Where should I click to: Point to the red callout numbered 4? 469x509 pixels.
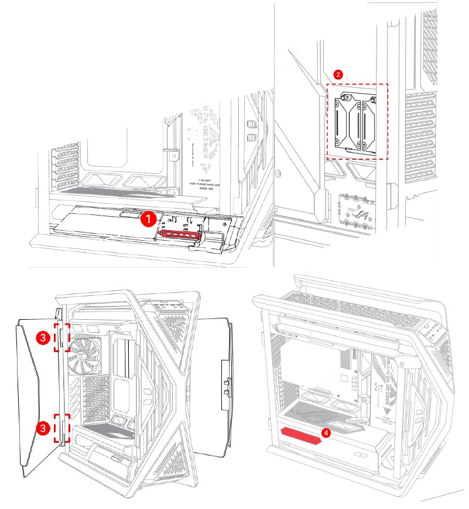click(x=326, y=433)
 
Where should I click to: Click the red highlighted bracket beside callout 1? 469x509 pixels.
click(x=178, y=235)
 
